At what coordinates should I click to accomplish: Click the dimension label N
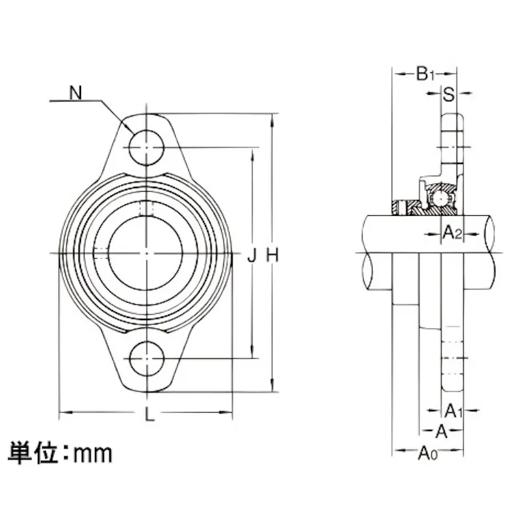(x=75, y=93)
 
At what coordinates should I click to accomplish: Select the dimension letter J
(x=252, y=255)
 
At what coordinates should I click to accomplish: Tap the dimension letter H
(x=272, y=255)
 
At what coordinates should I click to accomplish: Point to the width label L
(x=149, y=416)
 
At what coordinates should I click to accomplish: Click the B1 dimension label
(x=424, y=74)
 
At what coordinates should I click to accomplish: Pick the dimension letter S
(x=449, y=94)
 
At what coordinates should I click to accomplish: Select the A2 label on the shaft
(x=453, y=233)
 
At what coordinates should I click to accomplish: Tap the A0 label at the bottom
(x=427, y=454)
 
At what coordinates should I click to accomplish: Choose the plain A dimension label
(x=441, y=429)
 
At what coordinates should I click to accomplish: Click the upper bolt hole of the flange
(x=147, y=148)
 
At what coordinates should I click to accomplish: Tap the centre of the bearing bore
(x=147, y=253)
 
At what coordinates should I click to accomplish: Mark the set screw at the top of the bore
(x=147, y=208)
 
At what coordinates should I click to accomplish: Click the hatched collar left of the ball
(x=400, y=207)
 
